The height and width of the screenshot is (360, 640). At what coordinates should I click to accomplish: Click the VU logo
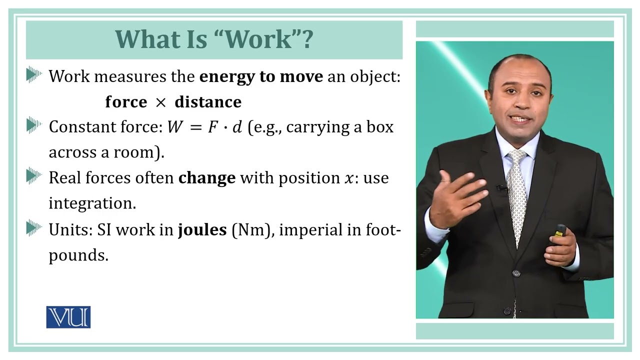pos(68,317)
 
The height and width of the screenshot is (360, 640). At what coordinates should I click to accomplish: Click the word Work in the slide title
pos(260,39)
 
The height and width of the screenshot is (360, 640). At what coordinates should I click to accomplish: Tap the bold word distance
pos(208,102)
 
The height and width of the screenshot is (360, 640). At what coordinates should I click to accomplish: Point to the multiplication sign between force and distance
pos(160,102)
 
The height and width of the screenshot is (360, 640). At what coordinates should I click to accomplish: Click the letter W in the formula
pos(174,127)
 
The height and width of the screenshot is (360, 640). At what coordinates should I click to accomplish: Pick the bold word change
pos(207,178)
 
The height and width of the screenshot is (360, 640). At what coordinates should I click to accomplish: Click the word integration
pos(92,203)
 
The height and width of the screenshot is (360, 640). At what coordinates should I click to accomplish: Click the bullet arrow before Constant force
pos(34,126)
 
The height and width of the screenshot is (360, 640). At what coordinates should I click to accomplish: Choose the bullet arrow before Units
pos(34,229)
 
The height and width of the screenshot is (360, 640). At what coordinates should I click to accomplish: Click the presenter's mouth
pos(521,119)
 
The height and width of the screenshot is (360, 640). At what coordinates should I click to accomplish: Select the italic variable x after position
pos(348,178)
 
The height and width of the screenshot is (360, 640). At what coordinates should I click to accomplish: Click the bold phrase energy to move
pos(261,76)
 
